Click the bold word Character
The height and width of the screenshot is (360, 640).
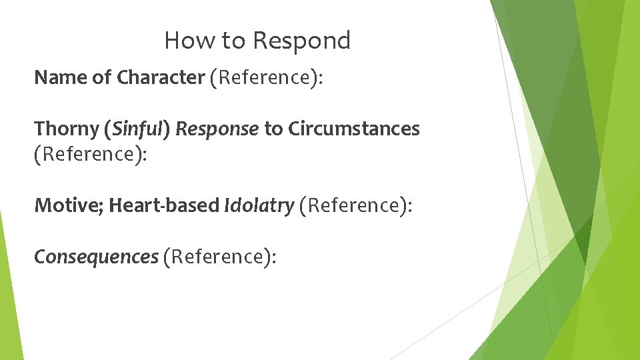tap(161, 78)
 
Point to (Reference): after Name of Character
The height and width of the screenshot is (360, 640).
tap(266, 78)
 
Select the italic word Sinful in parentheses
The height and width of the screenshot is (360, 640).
tap(139, 129)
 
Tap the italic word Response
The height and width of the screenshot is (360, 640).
tap(217, 129)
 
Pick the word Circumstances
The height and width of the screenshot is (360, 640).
tap(354, 129)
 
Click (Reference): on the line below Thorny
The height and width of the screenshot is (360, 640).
tap(91, 154)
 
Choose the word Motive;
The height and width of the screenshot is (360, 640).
tap(69, 205)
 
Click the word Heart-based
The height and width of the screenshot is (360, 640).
tap(164, 205)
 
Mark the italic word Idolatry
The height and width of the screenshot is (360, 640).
tap(259, 205)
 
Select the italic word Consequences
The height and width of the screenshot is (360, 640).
tap(96, 257)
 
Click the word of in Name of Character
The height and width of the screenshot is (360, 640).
tap(102, 78)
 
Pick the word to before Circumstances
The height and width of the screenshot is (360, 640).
tap(273, 129)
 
